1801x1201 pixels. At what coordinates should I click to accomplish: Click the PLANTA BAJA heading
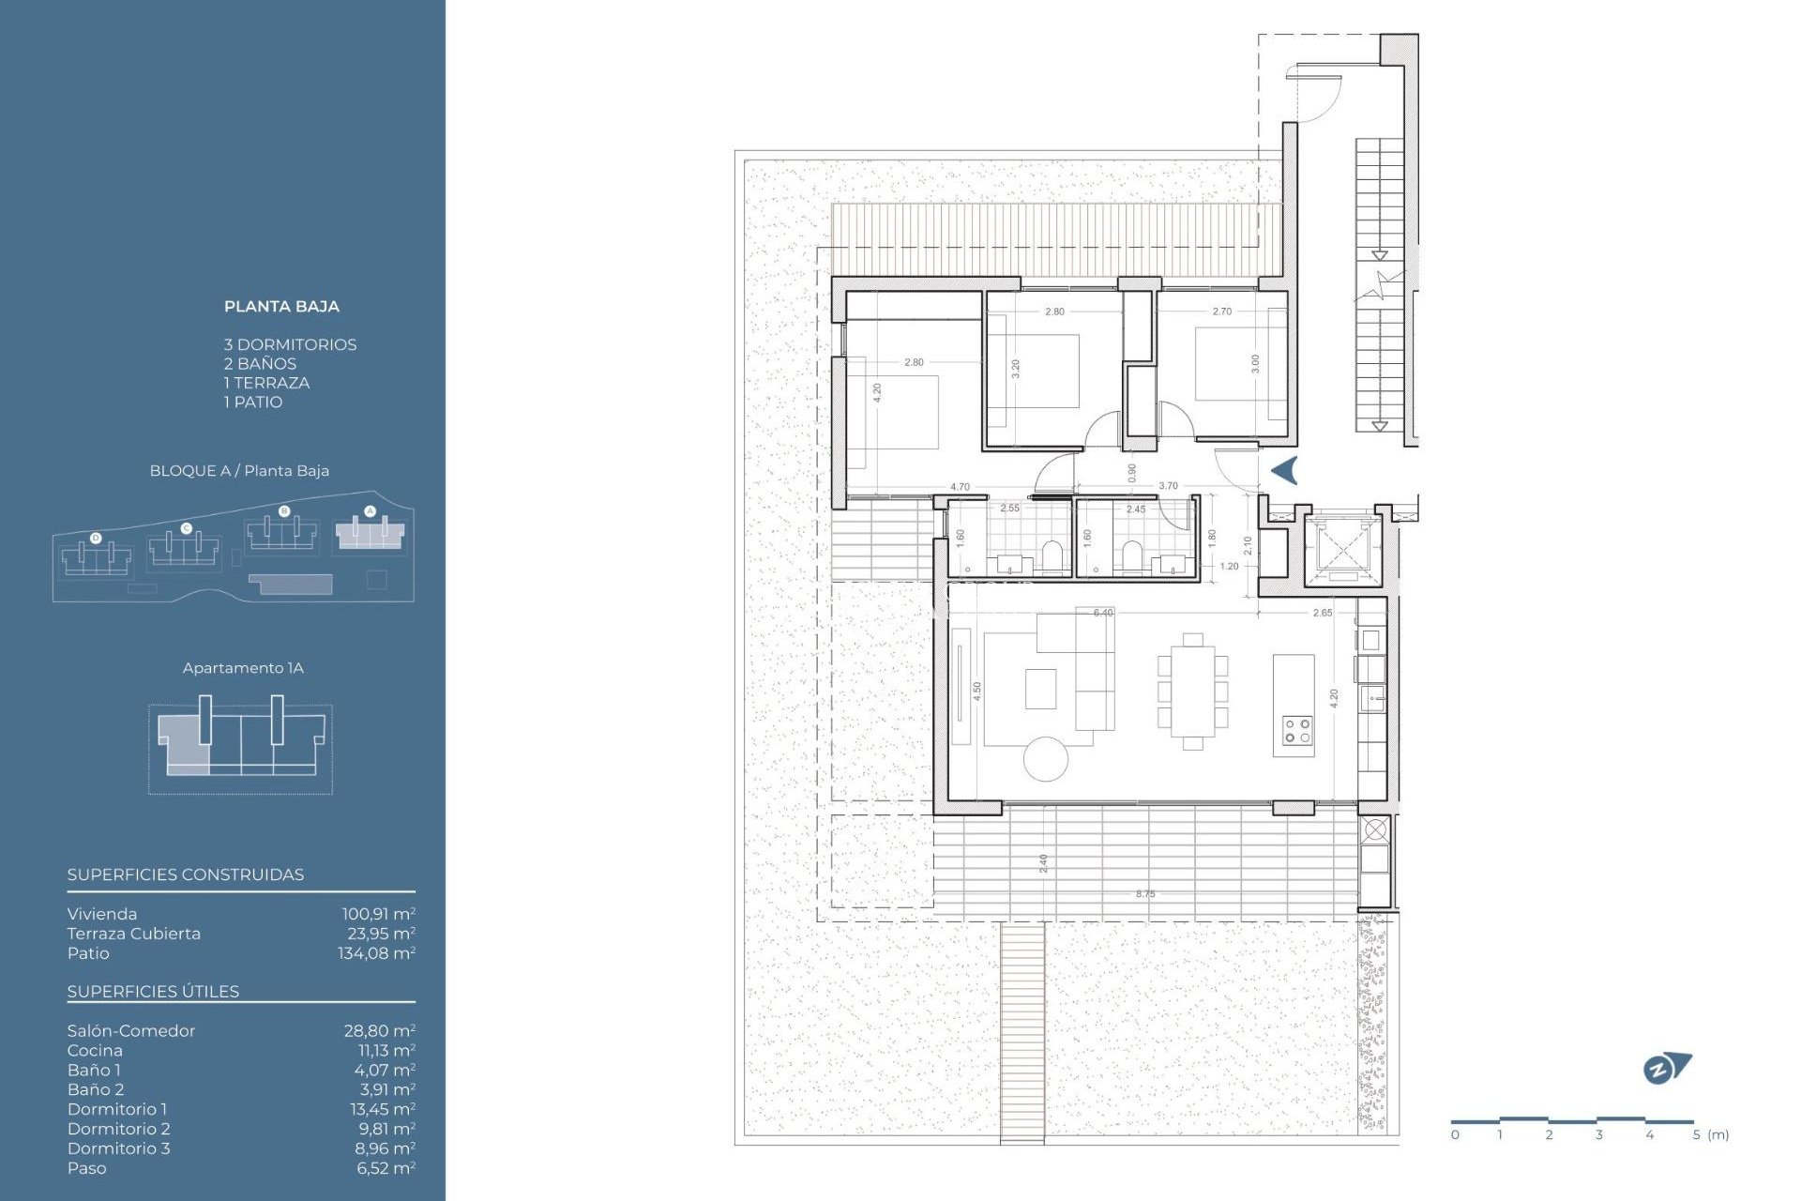point(281,306)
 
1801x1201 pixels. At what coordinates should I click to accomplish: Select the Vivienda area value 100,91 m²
point(378,914)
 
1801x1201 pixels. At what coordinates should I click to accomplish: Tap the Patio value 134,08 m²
point(376,953)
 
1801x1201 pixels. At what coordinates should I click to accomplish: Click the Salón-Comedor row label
point(131,1030)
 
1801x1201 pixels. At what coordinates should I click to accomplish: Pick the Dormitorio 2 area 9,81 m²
point(386,1129)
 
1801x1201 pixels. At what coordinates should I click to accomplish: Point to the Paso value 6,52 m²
point(386,1168)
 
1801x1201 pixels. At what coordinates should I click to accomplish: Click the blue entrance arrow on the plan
point(1284,470)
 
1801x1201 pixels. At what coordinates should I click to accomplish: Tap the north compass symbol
point(1666,1068)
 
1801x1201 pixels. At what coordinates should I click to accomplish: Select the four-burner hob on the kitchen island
point(1297,731)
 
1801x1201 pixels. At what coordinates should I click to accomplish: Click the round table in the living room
point(1046,759)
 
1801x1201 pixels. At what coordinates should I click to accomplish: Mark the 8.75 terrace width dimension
point(1145,894)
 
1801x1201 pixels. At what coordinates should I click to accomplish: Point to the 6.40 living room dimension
point(1103,613)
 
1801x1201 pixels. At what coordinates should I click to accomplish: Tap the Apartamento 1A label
point(243,668)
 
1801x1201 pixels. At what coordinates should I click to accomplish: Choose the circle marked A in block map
point(370,511)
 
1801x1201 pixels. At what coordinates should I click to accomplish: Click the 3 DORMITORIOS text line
point(290,344)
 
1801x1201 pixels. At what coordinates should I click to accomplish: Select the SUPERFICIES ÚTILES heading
point(153,991)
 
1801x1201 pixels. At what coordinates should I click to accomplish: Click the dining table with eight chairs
point(1192,692)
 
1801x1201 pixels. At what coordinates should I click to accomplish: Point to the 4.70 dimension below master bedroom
point(960,487)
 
